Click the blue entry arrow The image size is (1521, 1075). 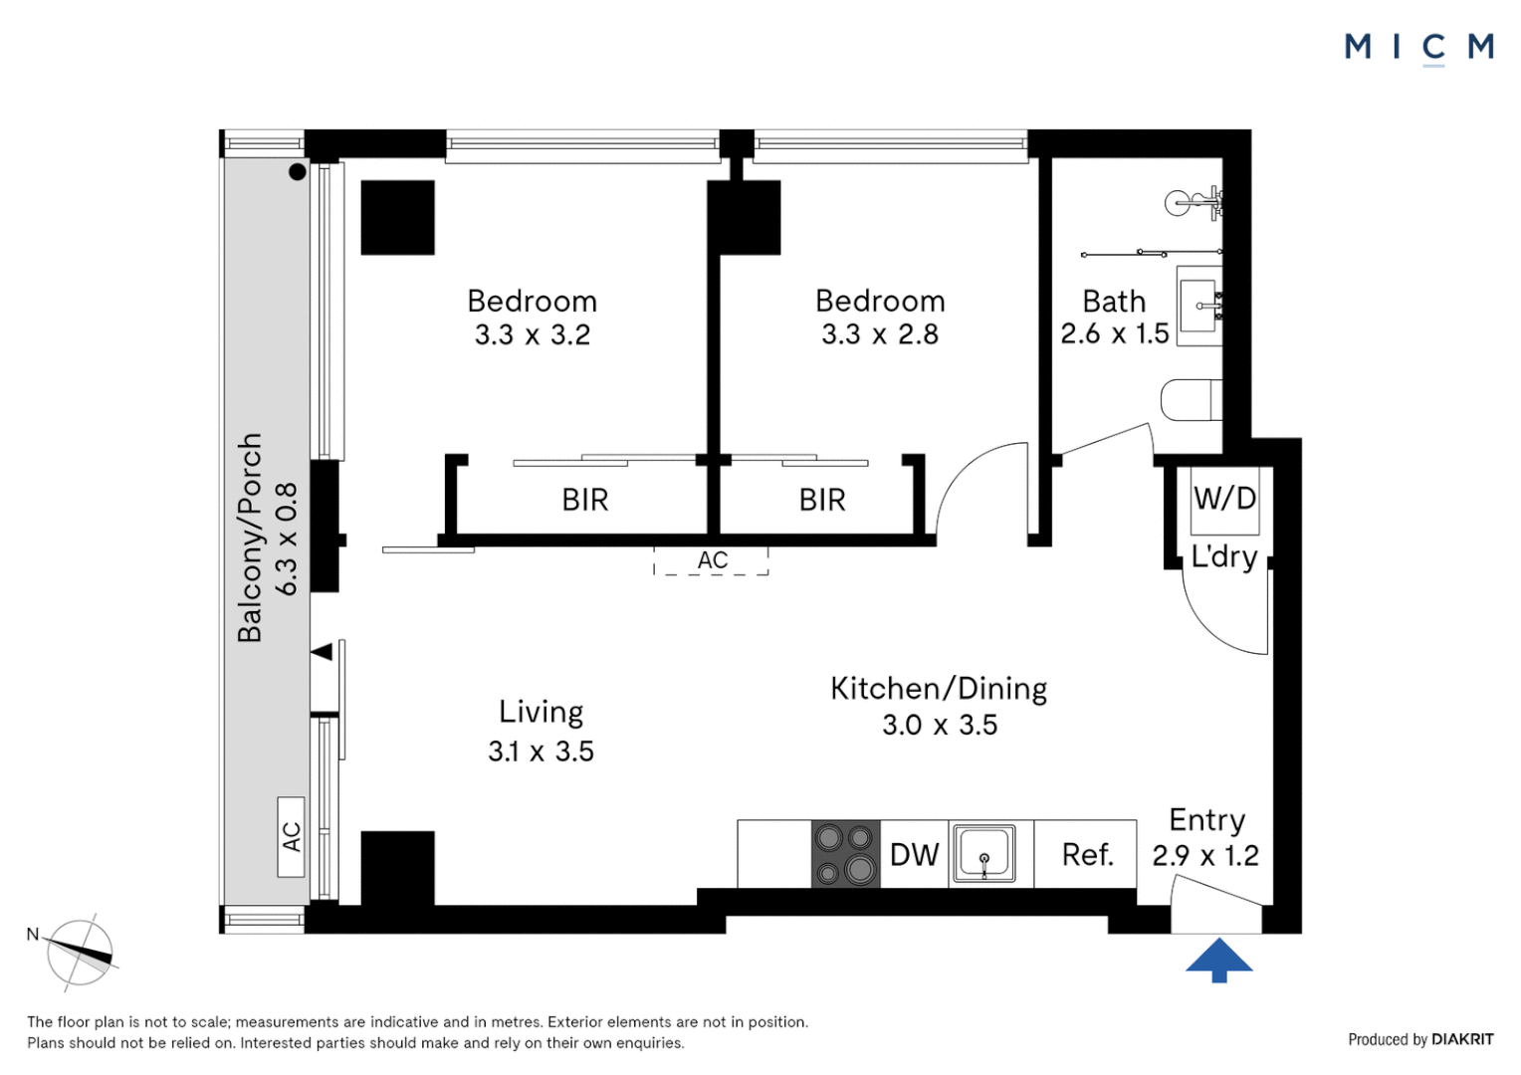point(1218,960)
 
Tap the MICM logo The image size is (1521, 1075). point(1418,47)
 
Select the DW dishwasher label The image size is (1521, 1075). point(914,854)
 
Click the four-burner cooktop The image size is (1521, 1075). point(845,854)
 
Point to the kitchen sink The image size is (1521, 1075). point(984,854)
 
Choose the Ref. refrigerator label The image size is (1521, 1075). point(1087,854)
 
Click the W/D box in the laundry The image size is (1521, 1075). point(1224,499)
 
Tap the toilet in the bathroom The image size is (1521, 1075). point(1191,400)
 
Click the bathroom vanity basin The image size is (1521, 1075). point(1199,306)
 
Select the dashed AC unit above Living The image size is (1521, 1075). point(712,560)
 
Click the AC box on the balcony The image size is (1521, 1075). point(291,837)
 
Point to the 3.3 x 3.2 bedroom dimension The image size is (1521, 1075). point(533,334)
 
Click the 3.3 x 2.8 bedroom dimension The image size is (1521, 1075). point(880,334)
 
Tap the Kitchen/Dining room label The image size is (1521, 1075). point(939,689)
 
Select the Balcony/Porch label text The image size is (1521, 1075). point(250,537)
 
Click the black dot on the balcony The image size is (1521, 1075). point(297,172)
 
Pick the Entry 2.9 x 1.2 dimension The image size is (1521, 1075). point(1205,855)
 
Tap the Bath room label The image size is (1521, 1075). point(1114,301)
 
